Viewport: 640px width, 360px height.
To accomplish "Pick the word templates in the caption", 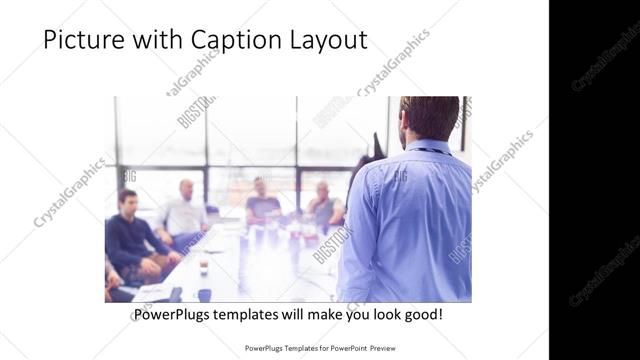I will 256,315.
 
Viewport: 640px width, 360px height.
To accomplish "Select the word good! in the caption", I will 421,315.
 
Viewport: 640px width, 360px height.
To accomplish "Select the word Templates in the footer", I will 290,349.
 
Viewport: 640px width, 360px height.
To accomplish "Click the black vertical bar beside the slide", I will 594,180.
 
